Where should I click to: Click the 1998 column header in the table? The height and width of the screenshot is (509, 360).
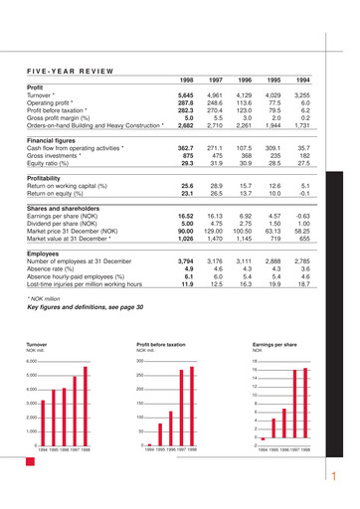[x=185, y=79]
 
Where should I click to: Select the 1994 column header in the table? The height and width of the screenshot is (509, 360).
[x=303, y=79]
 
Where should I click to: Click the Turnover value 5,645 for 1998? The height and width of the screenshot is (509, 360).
[x=185, y=93]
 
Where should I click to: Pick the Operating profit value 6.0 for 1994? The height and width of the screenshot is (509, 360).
[x=305, y=101]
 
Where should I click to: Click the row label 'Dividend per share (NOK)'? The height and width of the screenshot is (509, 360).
[x=62, y=224]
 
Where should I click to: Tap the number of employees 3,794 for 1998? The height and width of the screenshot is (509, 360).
[x=185, y=262]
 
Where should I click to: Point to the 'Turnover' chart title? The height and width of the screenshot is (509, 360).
[x=37, y=345]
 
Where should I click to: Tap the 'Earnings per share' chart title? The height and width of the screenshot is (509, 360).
[x=274, y=345]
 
